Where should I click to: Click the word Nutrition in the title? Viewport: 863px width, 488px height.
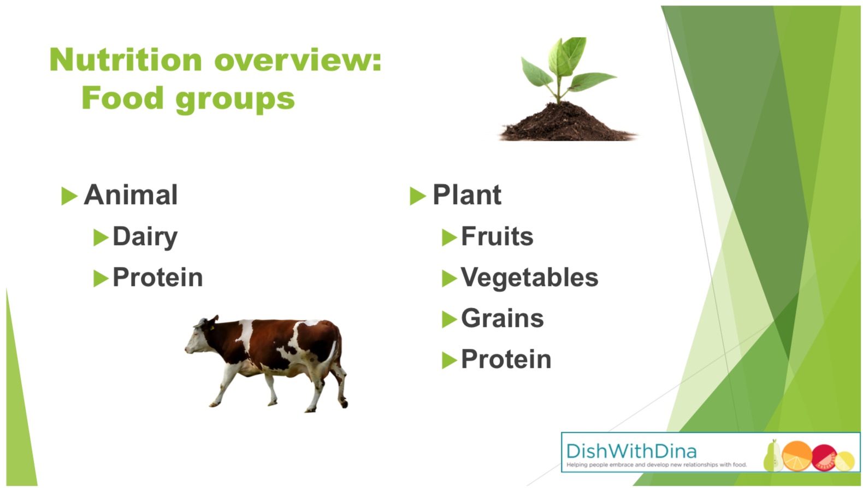pyautogui.click(x=126, y=59)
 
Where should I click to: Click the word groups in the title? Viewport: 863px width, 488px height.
pyautogui.click(x=235, y=99)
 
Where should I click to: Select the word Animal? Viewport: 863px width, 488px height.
pyautogui.click(x=131, y=194)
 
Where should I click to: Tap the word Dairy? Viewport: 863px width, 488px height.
pyautogui.click(x=145, y=237)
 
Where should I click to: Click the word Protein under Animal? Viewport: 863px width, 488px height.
pyautogui.click(x=157, y=277)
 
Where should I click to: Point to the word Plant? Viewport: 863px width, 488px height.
pyautogui.click(x=467, y=194)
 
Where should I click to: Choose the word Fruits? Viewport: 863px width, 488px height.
pyautogui.click(x=497, y=236)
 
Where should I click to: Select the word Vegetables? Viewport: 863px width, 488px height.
pyautogui.click(x=529, y=278)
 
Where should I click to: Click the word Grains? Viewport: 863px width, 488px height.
pyautogui.click(x=503, y=319)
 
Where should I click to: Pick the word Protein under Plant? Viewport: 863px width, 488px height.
pyautogui.click(x=506, y=359)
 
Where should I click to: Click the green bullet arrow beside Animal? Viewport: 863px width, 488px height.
pyautogui.click(x=69, y=195)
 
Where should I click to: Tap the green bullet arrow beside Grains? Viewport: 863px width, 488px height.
pyautogui.click(x=449, y=319)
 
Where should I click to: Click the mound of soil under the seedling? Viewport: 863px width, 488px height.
pyautogui.click(x=566, y=123)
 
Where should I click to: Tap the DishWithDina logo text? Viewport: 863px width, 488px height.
pyautogui.click(x=631, y=451)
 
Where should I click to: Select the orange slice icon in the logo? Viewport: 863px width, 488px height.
pyautogui.click(x=797, y=456)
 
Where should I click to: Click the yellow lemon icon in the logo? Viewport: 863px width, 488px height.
pyautogui.click(x=844, y=461)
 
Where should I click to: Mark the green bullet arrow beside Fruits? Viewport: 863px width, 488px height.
pyautogui.click(x=449, y=237)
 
